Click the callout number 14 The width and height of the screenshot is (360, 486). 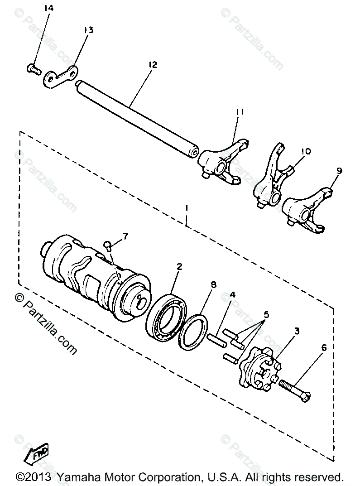[x=49, y=8]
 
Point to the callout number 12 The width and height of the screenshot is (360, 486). [x=152, y=65]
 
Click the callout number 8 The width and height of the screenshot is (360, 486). [x=213, y=285]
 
